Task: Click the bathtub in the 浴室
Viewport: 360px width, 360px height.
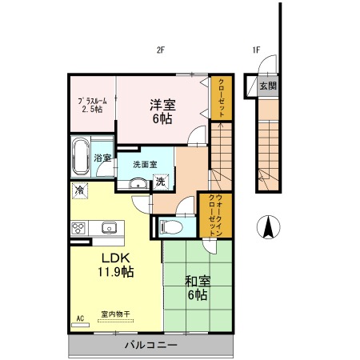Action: pos(81,156)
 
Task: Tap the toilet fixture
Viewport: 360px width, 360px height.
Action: pos(171,227)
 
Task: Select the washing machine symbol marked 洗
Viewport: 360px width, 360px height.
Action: pos(161,182)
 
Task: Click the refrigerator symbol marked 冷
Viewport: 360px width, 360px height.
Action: pos(80,190)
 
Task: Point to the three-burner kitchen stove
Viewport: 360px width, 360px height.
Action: pos(78,228)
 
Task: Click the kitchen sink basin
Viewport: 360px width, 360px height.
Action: pos(109,228)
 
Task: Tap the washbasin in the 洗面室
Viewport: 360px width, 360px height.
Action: pos(138,183)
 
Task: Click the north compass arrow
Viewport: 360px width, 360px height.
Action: pos(269,227)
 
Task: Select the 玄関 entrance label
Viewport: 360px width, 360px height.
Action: pos(268,86)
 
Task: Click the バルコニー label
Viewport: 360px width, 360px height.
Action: pos(151,346)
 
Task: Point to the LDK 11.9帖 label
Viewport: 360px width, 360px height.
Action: pos(116,265)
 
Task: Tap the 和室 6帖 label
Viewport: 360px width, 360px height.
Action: pos(198,288)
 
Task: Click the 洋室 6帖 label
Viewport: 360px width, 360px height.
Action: pos(162,112)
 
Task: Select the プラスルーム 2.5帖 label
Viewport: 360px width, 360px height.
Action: pos(92,105)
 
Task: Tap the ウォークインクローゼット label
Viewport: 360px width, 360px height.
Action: pos(215,215)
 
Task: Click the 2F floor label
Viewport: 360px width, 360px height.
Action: pos(160,50)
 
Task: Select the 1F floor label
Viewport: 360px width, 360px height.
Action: pos(256,50)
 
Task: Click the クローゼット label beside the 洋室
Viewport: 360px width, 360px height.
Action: pos(222,98)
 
